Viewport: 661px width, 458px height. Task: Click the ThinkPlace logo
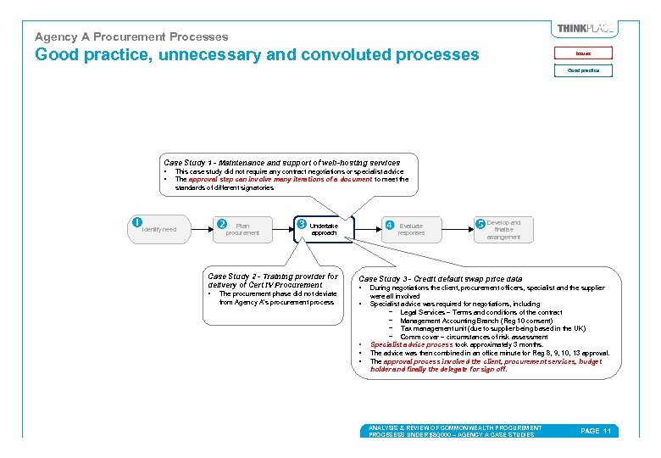pyautogui.click(x=585, y=29)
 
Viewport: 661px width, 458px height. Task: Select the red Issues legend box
pyautogui.click(x=584, y=53)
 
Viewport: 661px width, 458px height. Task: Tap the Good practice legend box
pyautogui.click(x=584, y=70)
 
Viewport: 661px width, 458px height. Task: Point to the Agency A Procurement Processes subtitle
pyautogui.click(x=131, y=36)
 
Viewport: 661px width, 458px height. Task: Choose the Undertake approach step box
pyautogui.click(x=323, y=229)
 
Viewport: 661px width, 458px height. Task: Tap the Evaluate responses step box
pyautogui.click(x=410, y=229)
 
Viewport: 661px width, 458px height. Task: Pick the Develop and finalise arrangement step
pyautogui.click(x=503, y=230)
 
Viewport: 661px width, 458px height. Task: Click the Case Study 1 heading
pyautogui.click(x=281, y=162)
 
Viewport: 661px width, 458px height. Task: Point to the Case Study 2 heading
pyautogui.click(x=272, y=280)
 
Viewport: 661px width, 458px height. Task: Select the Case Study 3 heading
pyautogui.click(x=441, y=278)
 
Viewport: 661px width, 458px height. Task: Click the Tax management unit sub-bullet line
pyautogui.click(x=492, y=328)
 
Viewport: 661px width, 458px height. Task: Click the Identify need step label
pyautogui.click(x=159, y=229)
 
